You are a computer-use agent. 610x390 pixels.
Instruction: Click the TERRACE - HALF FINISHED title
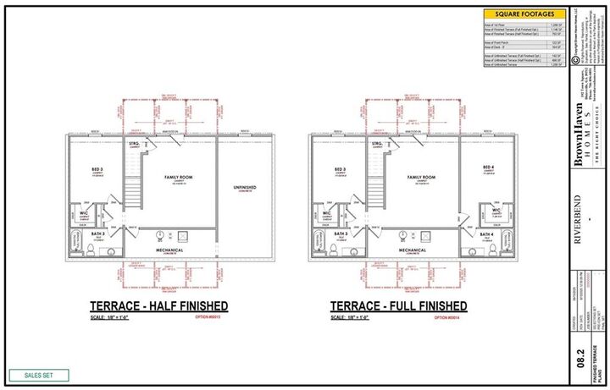tap(158, 305)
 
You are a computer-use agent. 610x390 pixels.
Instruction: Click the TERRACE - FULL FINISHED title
tap(398, 305)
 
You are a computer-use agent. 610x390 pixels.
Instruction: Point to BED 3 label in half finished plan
tap(97, 169)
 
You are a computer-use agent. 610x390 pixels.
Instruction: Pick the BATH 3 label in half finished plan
tap(98, 233)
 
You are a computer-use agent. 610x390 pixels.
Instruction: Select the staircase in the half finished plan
tap(133, 182)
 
